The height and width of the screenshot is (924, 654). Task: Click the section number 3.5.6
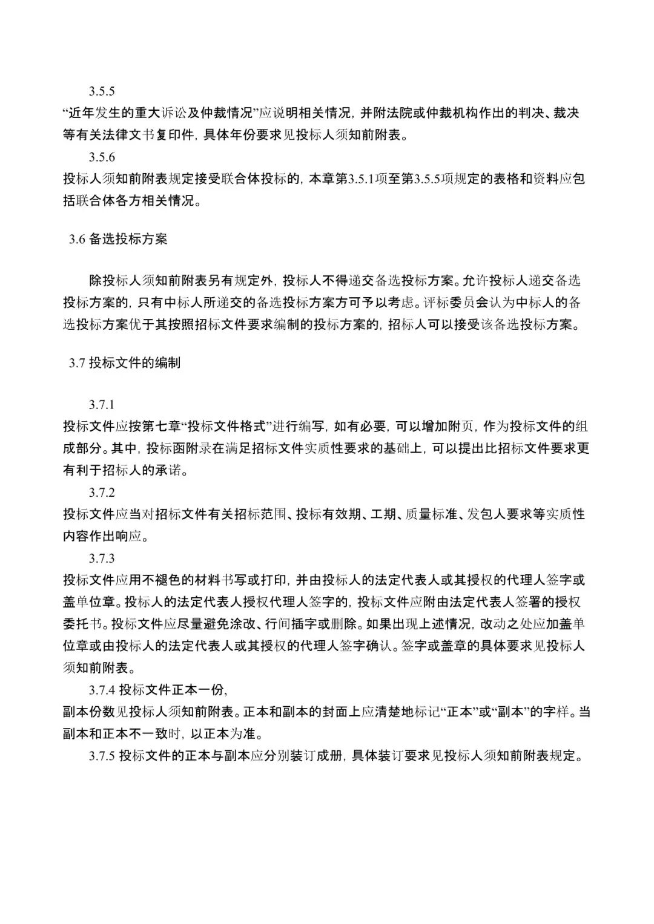102,157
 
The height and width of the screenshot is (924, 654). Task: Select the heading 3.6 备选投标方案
118,239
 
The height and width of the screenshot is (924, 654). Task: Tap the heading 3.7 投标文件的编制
124,363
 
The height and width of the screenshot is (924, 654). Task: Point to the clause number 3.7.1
102,405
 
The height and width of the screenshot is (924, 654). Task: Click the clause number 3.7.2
102,493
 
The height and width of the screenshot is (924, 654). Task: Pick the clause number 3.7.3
102,558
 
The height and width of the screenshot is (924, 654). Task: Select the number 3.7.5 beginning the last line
102,756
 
